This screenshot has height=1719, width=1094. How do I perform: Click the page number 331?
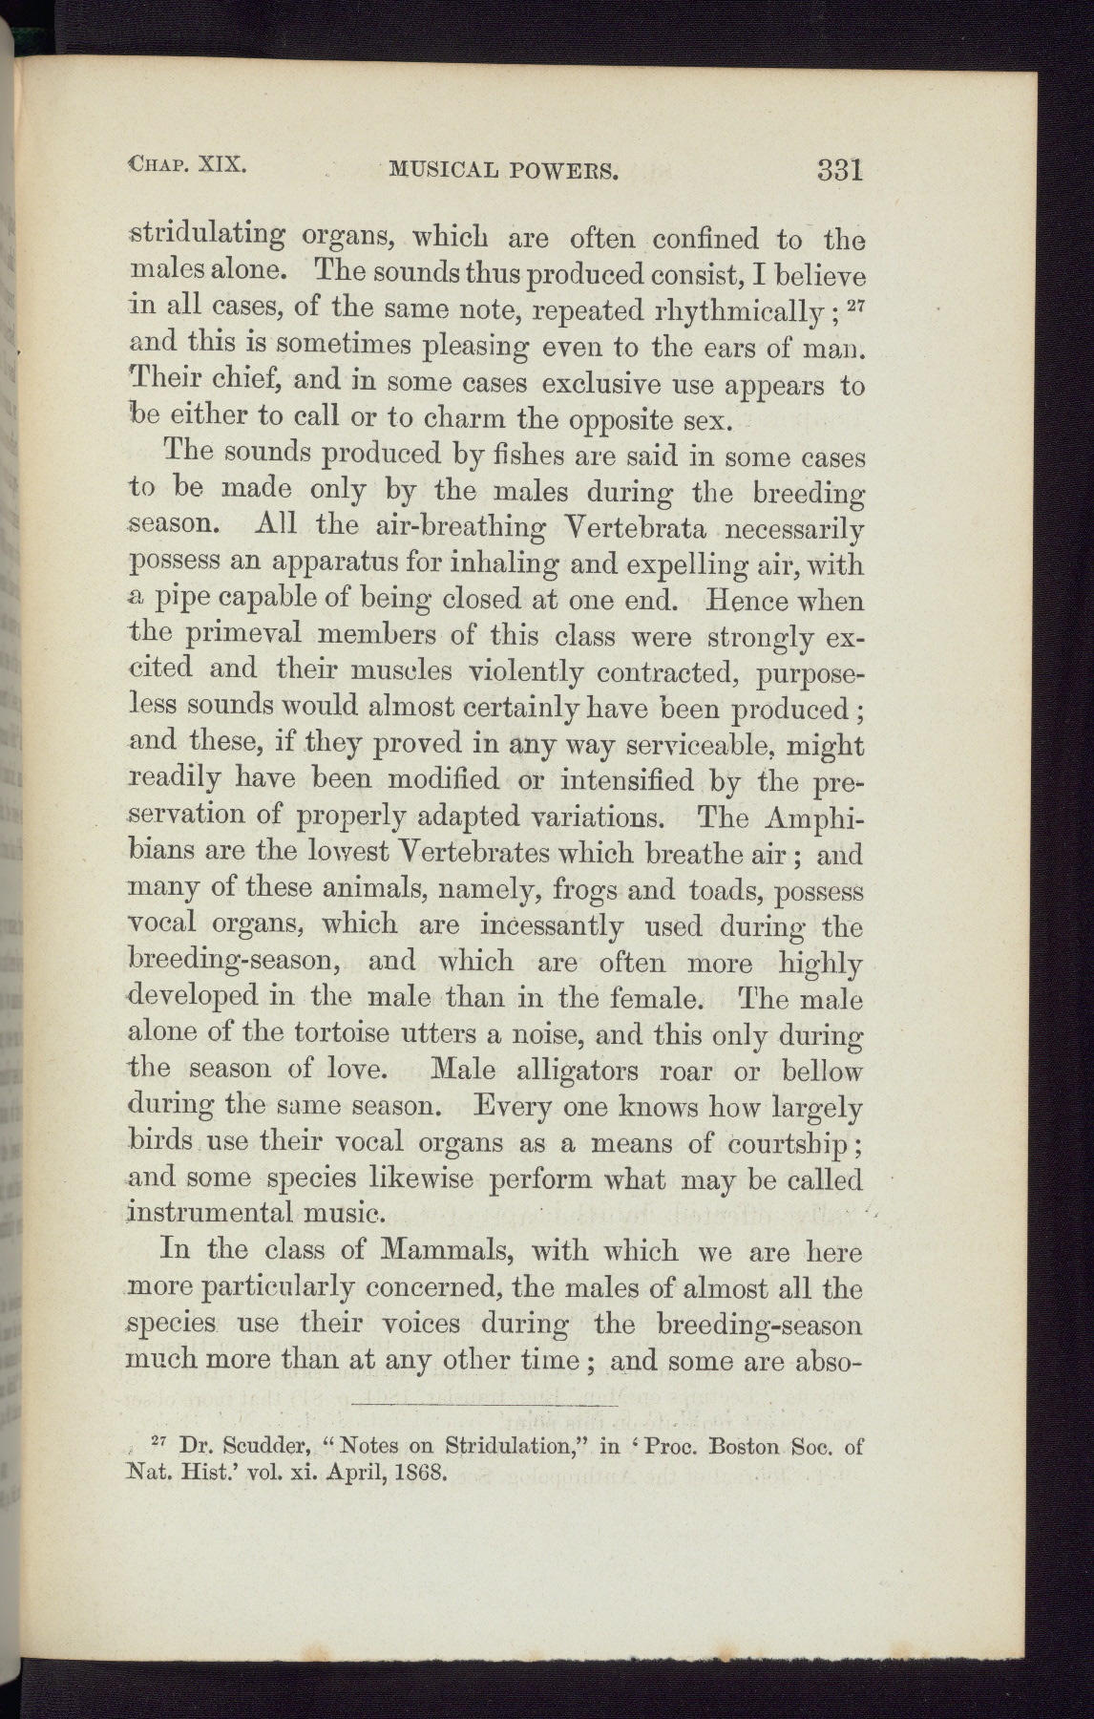(839, 170)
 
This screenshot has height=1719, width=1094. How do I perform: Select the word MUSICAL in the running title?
(443, 171)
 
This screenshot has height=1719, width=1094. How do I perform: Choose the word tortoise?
(349, 1033)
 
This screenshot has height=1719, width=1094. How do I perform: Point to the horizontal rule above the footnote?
(485, 1405)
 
